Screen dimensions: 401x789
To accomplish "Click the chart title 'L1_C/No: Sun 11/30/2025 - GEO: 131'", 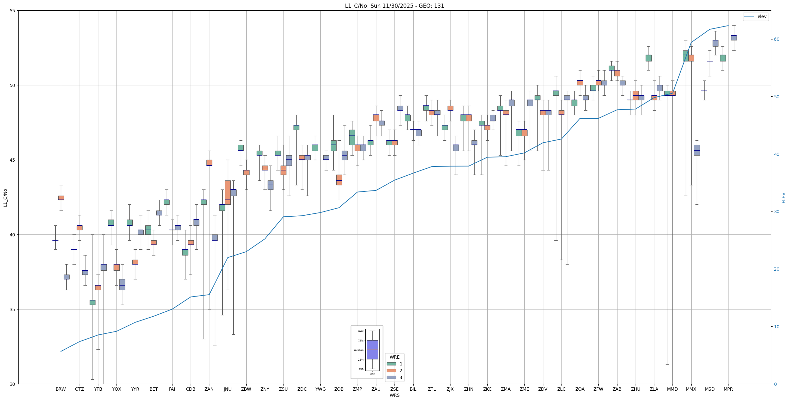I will click(394, 6).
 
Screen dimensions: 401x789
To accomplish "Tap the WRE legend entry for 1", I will click(394, 364).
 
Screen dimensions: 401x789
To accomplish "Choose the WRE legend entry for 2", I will click(394, 371).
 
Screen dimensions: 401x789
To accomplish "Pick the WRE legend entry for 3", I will click(394, 377).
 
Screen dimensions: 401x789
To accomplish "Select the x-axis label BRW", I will click(61, 389).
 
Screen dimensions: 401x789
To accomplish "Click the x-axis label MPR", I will click(728, 389).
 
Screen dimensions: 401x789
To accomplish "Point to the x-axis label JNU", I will click(228, 389).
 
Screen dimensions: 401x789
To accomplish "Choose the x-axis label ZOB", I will click(339, 389).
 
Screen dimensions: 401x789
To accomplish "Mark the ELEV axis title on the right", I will click(783, 198).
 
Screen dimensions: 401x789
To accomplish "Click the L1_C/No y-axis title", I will click(5, 198).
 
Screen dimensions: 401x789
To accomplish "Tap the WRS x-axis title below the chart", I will click(394, 395).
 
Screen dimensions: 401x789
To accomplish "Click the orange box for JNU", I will click(228, 192).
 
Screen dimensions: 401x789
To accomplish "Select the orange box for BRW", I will click(61, 198).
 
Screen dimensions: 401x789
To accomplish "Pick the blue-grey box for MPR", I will click(734, 38).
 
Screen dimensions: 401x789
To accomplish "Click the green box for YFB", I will click(93, 302).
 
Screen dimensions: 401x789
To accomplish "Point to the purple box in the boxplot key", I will click(372, 350).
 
